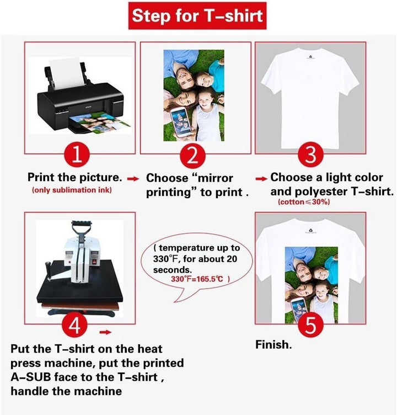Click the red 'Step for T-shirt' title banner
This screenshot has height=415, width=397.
[x=197, y=15]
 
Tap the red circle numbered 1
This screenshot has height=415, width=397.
[x=77, y=155]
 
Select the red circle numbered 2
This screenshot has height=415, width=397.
[x=192, y=156]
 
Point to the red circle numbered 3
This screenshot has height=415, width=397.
[x=310, y=155]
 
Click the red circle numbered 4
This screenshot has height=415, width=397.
[x=74, y=324]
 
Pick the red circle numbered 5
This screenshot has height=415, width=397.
[x=310, y=324]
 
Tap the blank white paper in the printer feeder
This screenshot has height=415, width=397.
[x=67, y=73]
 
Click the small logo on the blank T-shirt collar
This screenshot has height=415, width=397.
[x=310, y=57]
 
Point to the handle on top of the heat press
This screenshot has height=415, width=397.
[x=82, y=226]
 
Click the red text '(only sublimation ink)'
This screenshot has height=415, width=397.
[x=72, y=190]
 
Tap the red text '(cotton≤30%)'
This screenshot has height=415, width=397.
[x=304, y=202]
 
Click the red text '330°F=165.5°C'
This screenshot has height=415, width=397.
[x=197, y=279]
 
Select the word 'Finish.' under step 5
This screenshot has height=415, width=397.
[x=273, y=344]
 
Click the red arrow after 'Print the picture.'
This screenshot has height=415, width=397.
[x=133, y=179]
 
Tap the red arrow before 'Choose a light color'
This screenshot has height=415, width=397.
[x=261, y=179]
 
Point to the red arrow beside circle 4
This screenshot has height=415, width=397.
[x=105, y=332]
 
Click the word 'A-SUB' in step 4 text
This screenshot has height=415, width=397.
[x=31, y=377]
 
